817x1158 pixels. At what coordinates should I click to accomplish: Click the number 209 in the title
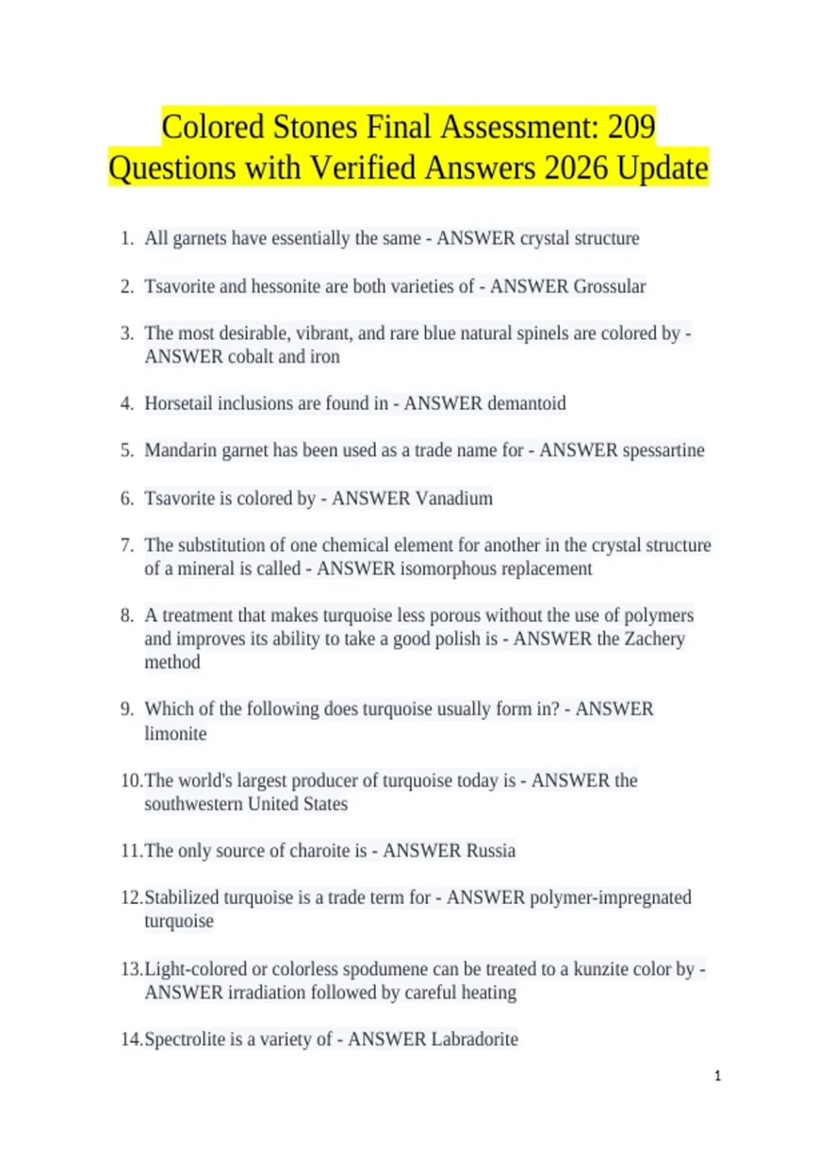pos(631,127)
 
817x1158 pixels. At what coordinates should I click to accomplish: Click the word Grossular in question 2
pos(609,286)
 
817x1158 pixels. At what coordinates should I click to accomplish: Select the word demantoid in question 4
pos(525,403)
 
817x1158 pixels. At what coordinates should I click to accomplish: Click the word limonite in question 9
pos(175,734)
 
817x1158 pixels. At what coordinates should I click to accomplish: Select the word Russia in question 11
pos(491,851)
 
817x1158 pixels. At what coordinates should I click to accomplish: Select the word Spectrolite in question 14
pos(184,1039)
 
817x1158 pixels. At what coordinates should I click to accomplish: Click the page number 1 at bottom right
pos(718,1076)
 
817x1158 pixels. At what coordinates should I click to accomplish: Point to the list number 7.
pos(127,545)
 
